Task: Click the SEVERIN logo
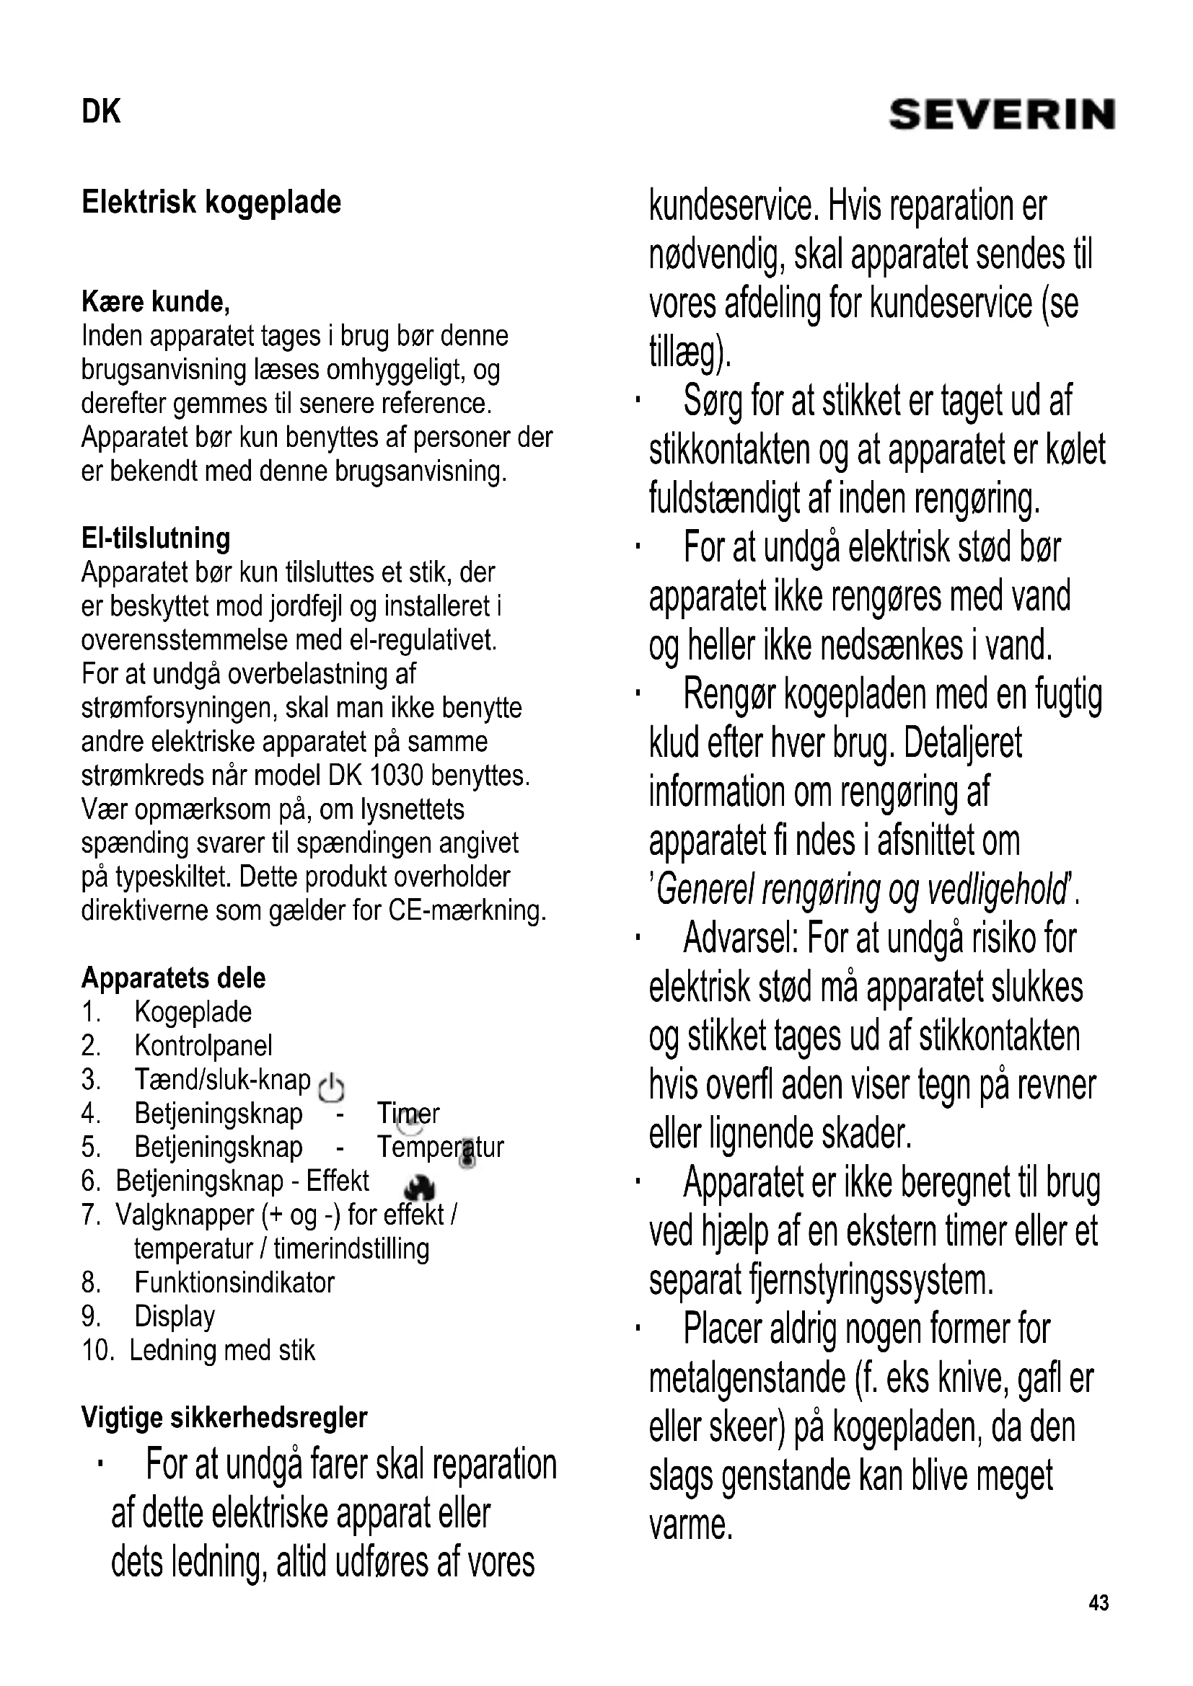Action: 1001,115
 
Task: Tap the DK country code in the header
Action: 101,112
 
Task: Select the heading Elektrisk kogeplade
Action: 211,202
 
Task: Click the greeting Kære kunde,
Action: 156,301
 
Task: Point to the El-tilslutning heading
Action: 156,538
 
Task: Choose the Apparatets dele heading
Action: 173,978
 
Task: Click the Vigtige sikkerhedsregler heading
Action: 224,1417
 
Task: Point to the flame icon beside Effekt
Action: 421,1186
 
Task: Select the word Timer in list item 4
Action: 408,1113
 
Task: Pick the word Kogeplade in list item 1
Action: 193,1012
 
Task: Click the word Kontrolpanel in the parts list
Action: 203,1046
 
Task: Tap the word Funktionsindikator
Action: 234,1282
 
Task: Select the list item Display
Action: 175,1316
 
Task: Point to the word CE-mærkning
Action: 467,910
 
